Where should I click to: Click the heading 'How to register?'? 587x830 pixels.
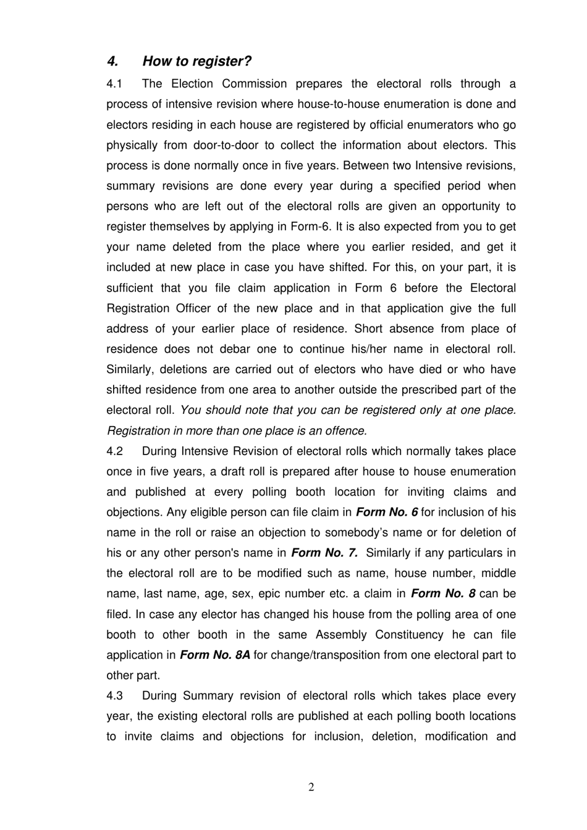click(x=196, y=61)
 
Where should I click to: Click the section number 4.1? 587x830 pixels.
click(x=114, y=84)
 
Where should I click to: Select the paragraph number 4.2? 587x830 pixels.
click(x=114, y=451)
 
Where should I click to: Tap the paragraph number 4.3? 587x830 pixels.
click(x=114, y=696)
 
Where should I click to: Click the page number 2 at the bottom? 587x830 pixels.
click(x=311, y=787)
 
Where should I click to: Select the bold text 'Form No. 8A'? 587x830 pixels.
click(x=215, y=655)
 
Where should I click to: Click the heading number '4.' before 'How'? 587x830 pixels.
click(x=112, y=61)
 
